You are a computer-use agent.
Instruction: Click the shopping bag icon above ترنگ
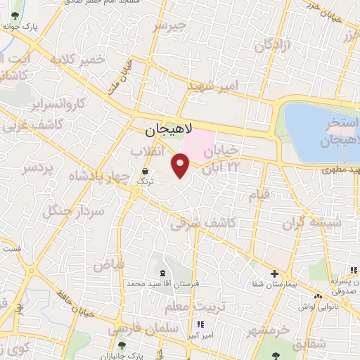pos(145,171)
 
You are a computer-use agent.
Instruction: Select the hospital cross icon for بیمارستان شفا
pos(274,274)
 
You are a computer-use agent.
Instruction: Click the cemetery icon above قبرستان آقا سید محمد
pos(163,272)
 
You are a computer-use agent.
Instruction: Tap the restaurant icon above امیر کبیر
pos(200,324)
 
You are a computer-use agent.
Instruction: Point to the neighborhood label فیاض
pos(109,266)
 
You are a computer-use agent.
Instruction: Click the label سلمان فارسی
pos(136,328)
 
